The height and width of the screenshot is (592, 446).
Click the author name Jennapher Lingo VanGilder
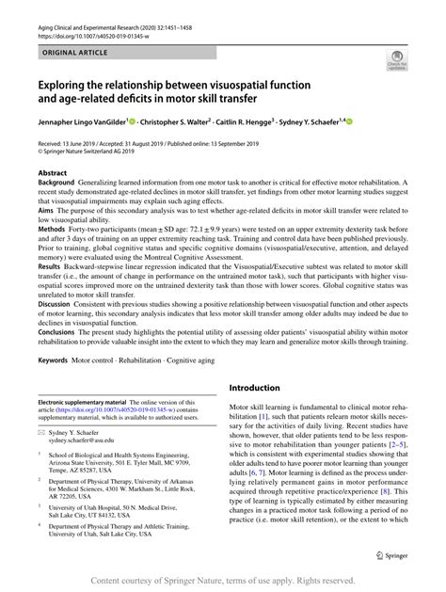(x=82, y=121)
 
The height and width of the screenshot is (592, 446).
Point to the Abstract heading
(x=52, y=175)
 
